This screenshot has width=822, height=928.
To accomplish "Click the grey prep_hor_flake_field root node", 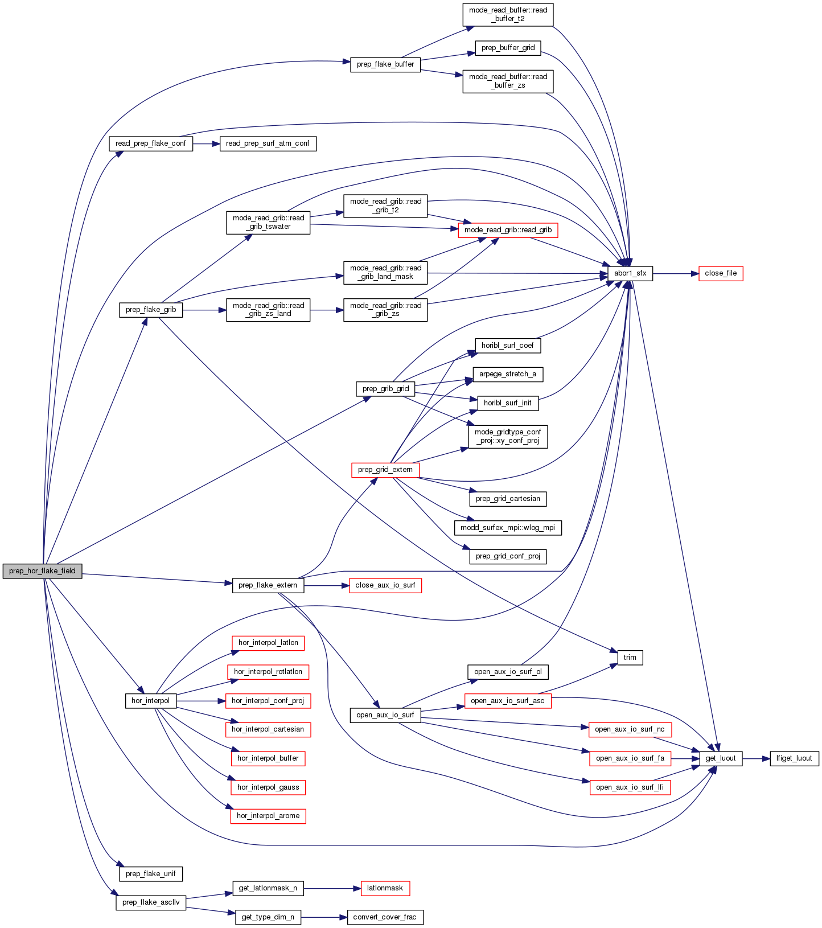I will click(42, 571).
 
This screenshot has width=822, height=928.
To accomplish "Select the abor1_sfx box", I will click(630, 273).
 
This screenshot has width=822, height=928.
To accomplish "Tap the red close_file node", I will click(720, 273).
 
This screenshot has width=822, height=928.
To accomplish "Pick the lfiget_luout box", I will click(794, 758).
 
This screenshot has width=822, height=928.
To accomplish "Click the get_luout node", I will click(720, 758).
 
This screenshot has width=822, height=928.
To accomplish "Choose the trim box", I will click(630, 658).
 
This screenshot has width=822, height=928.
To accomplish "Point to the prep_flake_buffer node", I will click(385, 64).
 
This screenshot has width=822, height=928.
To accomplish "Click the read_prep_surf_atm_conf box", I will click(268, 143).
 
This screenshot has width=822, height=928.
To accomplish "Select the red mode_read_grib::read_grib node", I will click(508, 230).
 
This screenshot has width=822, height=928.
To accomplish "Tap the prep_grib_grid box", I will click(385, 389).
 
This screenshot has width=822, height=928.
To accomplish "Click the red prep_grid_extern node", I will click(385, 470).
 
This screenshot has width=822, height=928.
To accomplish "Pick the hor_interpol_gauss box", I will click(268, 787).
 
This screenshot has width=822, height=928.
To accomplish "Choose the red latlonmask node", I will click(385, 888).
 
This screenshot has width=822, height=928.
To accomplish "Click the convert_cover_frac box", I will click(385, 917).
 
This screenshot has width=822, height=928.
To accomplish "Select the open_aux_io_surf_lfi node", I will click(630, 787).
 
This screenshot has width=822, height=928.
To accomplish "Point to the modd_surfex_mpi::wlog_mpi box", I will click(508, 528).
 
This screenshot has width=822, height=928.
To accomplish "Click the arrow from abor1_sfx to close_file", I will click(675, 274).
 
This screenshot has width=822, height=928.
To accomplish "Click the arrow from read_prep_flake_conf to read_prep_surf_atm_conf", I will click(206, 143).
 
